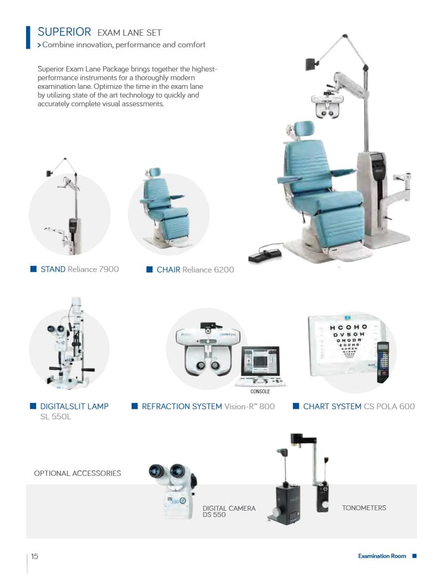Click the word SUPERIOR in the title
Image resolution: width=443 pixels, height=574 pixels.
click(64, 32)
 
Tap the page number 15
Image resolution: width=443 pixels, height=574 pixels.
click(34, 557)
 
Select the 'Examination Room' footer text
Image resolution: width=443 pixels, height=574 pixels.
click(382, 556)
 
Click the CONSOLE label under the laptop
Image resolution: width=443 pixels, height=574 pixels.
click(260, 391)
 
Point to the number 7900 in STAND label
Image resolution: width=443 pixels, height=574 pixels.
click(109, 270)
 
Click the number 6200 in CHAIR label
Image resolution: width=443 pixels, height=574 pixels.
click(224, 270)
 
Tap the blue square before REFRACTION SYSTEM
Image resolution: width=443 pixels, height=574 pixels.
click(135, 406)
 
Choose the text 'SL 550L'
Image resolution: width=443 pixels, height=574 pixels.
click(55, 416)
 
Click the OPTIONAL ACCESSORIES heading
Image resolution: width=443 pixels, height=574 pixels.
click(78, 474)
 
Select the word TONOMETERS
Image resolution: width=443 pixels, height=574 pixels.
click(364, 508)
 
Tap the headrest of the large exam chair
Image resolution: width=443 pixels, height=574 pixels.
click(304, 129)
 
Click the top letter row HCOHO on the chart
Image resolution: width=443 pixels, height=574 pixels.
click(348, 327)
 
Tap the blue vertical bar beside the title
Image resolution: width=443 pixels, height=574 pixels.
click(28, 37)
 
